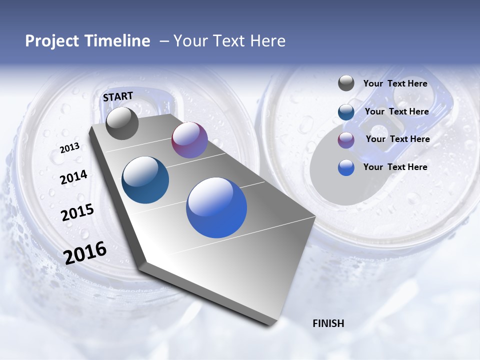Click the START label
118,96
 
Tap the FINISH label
328,323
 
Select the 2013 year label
69,147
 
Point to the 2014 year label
73,177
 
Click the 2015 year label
77,212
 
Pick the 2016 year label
85,252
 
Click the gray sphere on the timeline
122,123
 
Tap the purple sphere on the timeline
189,140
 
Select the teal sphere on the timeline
145,180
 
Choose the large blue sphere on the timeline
216,207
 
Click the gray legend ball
346,83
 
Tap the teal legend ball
346,112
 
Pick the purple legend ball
346,140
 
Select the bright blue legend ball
346,167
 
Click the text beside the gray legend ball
395,84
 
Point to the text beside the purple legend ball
397,139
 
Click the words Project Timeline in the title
87,41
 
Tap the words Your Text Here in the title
229,41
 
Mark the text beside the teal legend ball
396,111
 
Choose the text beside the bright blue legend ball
395,167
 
